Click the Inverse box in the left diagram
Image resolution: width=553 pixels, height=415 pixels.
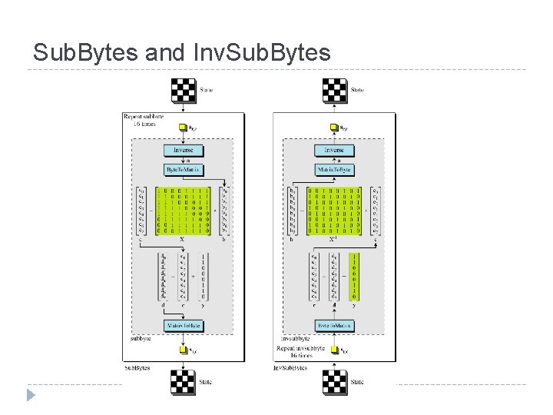click(x=183, y=150)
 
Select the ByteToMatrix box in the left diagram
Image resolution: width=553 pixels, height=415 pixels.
click(x=183, y=168)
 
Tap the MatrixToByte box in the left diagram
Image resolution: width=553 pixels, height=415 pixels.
click(x=183, y=326)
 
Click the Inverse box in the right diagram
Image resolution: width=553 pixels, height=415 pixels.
click(x=333, y=150)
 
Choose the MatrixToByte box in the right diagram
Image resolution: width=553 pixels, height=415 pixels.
click(x=333, y=168)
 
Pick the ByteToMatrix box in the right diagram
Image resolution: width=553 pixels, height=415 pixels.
click(x=333, y=326)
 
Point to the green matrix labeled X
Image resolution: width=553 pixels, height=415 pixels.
click(x=183, y=208)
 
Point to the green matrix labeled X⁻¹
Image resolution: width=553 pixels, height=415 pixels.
click(x=333, y=208)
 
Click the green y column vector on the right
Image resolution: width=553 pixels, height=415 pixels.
click(x=353, y=277)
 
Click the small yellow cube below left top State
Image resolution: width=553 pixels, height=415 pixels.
click(x=183, y=127)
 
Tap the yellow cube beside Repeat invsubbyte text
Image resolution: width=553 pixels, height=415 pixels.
click(x=333, y=350)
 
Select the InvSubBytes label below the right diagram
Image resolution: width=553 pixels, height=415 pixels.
click(x=291, y=368)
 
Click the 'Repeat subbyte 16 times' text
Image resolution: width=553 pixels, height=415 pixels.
click(x=144, y=120)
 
